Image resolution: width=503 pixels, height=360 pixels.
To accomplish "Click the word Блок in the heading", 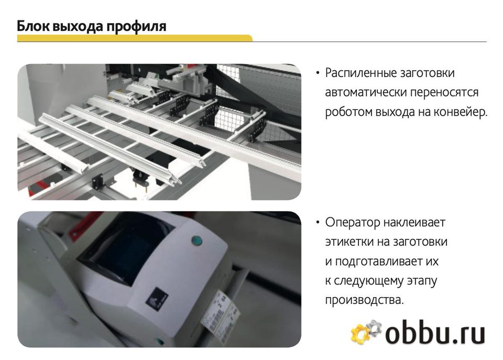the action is (x=32, y=26).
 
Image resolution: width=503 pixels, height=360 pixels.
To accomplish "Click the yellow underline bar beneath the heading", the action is (x=135, y=38).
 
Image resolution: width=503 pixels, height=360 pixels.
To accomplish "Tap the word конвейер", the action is (x=461, y=112).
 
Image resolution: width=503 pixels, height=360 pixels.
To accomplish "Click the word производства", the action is (x=365, y=300).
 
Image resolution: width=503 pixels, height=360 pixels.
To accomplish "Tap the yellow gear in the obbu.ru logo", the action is (x=360, y=333).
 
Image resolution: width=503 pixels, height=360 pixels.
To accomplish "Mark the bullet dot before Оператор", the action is (x=318, y=222).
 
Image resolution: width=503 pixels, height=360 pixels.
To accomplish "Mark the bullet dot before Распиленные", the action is (x=318, y=73).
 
